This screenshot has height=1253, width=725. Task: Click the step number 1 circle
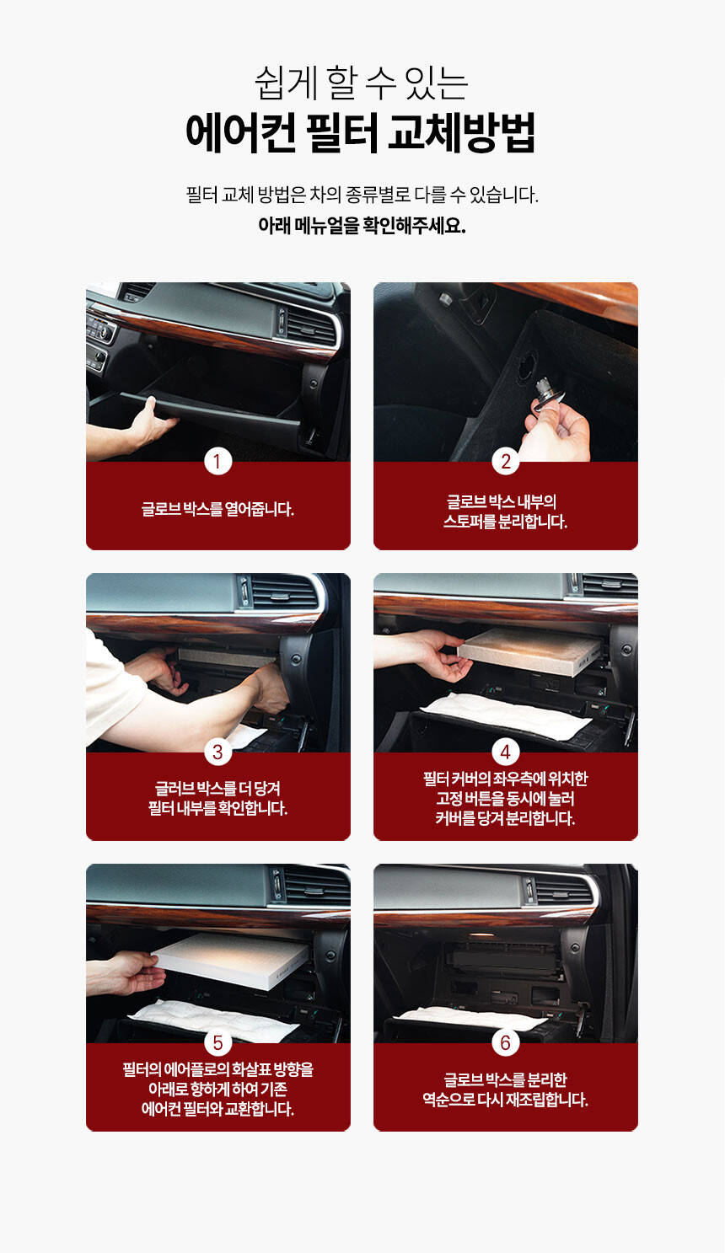click(217, 462)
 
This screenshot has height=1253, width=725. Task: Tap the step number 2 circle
click(506, 462)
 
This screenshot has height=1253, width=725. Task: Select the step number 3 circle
click(217, 752)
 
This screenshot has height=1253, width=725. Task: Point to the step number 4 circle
click(506, 752)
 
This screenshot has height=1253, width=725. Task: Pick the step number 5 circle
click(217, 1043)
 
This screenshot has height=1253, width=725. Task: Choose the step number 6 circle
click(506, 1043)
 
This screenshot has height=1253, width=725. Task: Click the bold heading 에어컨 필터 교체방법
click(361, 132)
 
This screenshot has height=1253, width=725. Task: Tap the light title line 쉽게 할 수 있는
click(362, 83)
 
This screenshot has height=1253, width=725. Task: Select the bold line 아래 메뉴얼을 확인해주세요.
click(362, 226)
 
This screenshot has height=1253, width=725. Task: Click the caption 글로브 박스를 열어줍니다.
click(217, 509)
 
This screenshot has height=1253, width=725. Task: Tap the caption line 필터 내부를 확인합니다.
click(217, 808)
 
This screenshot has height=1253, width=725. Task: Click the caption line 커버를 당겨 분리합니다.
click(506, 818)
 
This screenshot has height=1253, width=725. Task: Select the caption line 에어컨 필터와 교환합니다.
click(217, 1109)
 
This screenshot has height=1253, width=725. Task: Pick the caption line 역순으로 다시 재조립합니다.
click(506, 1100)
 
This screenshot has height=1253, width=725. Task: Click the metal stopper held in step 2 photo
click(547, 392)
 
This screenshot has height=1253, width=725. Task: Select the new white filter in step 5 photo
click(231, 961)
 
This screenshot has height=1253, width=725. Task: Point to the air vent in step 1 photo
click(308, 324)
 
